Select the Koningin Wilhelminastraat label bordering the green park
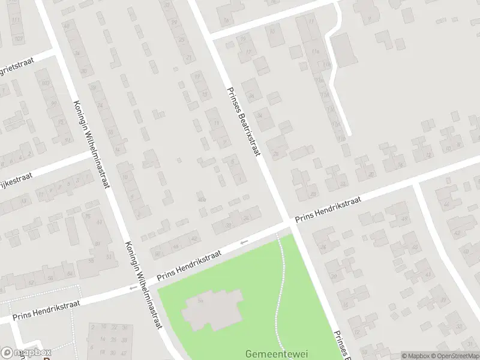pos(144,286)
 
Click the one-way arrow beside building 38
pos(244,242)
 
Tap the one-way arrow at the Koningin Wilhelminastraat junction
pos(133,289)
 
